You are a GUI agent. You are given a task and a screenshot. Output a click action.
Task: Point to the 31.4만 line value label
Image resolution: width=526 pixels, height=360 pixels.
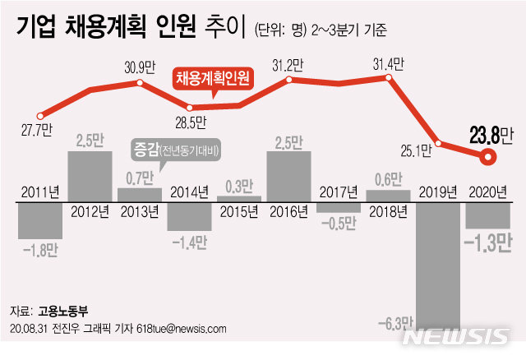point(387,65)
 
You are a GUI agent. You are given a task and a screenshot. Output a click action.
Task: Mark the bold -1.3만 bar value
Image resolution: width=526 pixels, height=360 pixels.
point(488,242)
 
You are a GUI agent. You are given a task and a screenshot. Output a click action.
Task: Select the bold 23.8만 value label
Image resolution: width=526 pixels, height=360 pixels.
point(491,133)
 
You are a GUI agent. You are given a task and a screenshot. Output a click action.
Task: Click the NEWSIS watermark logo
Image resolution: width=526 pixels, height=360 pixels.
point(459,336)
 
